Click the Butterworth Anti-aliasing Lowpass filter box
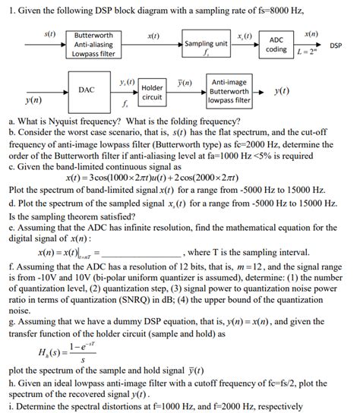pos(94,45)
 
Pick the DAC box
pos(87,90)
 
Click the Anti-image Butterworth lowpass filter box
pos(229,90)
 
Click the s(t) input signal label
pos(50,34)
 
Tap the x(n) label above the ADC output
pos(311,35)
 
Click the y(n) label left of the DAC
pos(32,99)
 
